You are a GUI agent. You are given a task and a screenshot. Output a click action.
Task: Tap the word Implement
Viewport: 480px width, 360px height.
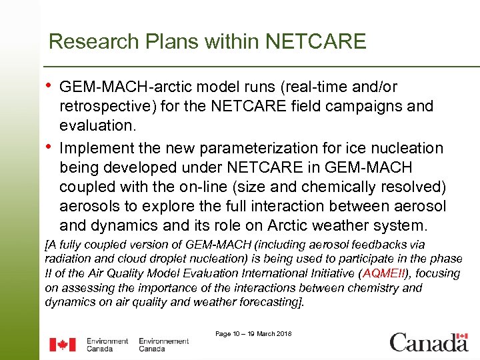click(97, 148)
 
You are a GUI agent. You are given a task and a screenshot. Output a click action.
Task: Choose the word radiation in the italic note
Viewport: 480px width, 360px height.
click(67, 259)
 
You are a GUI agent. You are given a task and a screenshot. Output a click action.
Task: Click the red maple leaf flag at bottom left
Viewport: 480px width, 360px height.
click(63, 345)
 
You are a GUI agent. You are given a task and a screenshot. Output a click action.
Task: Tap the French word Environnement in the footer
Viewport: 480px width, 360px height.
click(163, 341)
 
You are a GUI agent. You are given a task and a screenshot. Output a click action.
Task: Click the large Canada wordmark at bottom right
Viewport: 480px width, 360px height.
click(429, 342)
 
